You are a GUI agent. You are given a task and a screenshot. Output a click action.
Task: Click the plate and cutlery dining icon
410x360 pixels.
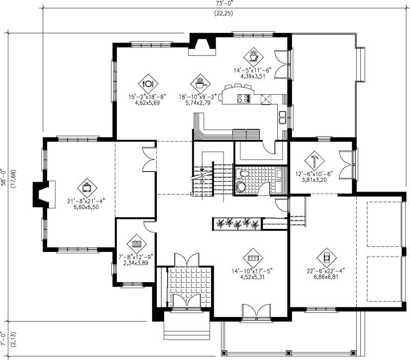click(x=148, y=83)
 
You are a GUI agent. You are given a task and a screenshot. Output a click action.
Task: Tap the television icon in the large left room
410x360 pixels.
click(x=87, y=187)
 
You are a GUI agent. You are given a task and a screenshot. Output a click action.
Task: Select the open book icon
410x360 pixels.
click(x=137, y=244)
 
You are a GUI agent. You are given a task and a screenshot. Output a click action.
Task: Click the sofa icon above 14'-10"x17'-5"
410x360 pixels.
click(x=252, y=257)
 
